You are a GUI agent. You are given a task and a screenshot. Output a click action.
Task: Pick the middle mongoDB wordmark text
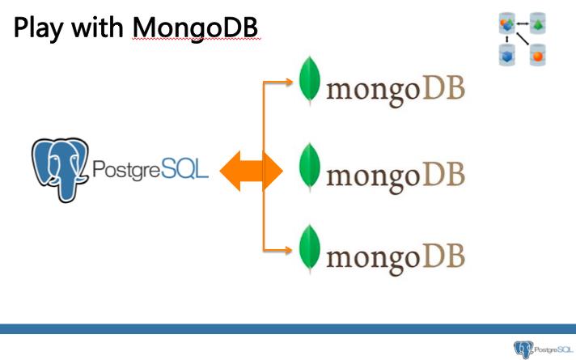[x=395, y=174]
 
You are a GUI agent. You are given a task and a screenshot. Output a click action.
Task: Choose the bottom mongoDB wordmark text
[x=395, y=256]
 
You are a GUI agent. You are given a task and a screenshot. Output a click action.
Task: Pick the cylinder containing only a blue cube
[x=507, y=55]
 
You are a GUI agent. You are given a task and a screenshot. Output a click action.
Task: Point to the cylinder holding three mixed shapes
[x=507, y=26]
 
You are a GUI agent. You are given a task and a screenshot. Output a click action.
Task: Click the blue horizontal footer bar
[x=288, y=328]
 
